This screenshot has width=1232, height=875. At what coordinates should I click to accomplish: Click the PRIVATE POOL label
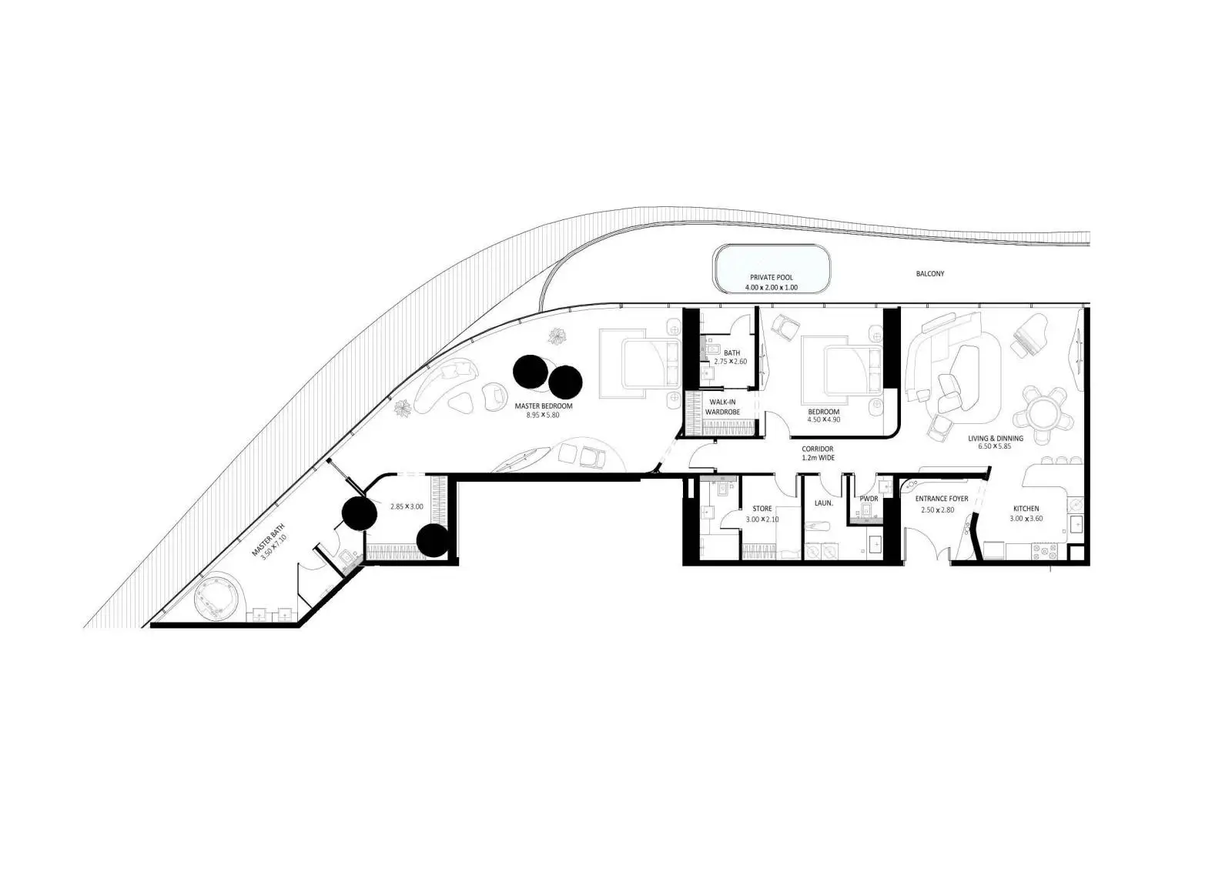(x=771, y=278)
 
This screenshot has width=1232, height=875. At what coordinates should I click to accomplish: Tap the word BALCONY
(x=930, y=273)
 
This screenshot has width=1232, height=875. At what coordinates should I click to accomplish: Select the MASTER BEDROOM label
(x=544, y=406)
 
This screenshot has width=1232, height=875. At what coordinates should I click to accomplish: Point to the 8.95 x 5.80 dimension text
(x=543, y=415)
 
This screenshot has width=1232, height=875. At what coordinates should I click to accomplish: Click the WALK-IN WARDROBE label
(x=723, y=407)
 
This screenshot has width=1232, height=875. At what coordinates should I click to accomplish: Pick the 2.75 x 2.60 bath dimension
(x=731, y=362)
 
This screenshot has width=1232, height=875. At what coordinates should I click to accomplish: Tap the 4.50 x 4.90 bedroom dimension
(x=824, y=419)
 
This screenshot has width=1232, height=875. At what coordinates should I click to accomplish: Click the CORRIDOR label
(x=818, y=449)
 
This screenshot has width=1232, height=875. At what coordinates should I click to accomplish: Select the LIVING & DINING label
(x=996, y=439)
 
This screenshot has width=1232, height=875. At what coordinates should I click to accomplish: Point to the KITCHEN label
(x=1026, y=509)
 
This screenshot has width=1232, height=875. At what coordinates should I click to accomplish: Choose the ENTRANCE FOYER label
(x=942, y=499)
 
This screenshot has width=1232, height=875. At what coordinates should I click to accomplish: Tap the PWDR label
(x=869, y=499)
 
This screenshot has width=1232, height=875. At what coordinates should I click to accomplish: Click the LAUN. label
(x=824, y=503)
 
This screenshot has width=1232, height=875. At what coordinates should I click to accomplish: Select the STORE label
(x=762, y=509)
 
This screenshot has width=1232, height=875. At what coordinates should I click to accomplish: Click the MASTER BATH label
(x=269, y=540)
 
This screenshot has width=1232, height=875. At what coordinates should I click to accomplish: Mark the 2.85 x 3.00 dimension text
(x=407, y=506)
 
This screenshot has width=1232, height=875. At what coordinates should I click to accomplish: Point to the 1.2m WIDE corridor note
(x=818, y=458)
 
